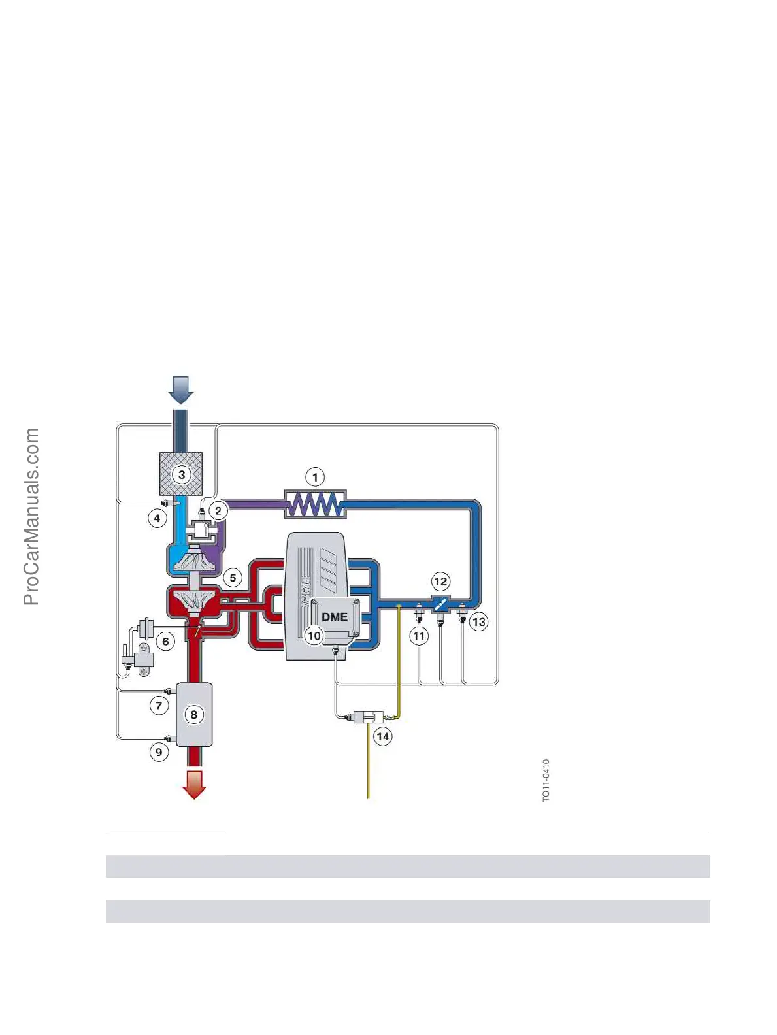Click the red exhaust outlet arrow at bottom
[x=194, y=783]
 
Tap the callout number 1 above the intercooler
[x=315, y=477]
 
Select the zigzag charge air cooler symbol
[x=315, y=504]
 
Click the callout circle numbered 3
[x=182, y=474]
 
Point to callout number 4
[x=157, y=519]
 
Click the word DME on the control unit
[x=334, y=617]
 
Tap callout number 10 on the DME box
[x=314, y=636]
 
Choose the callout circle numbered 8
[x=193, y=714]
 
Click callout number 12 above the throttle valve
[x=440, y=582]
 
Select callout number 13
[x=479, y=621]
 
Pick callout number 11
[x=419, y=636]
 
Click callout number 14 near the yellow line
[x=382, y=736]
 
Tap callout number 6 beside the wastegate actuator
[x=165, y=642]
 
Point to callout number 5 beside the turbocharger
[x=233, y=578]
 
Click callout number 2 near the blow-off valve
[x=218, y=511]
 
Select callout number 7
[x=159, y=706]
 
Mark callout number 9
[x=159, y=752]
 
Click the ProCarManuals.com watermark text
[x=31, y=516]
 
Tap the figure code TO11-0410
[x=546, y=780]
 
